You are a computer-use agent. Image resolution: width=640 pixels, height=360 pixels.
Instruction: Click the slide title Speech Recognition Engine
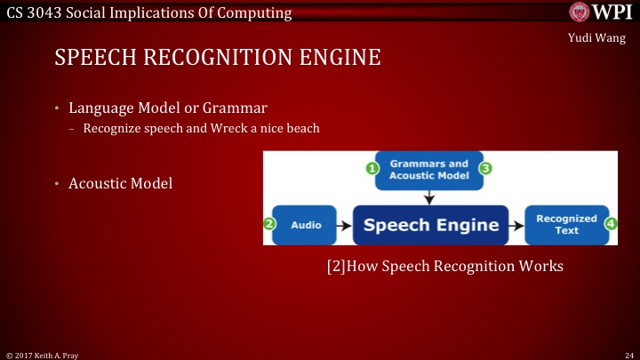[x=218, y=59]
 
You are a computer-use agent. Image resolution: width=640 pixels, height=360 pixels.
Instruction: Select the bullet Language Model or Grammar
[x=168, y=108]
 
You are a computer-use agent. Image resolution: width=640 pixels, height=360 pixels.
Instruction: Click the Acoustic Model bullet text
[x=120, y=183]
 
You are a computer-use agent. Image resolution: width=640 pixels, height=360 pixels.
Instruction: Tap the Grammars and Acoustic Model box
[x=428, y=170]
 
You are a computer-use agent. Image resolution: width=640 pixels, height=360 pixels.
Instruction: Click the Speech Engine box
[x=431, y=225]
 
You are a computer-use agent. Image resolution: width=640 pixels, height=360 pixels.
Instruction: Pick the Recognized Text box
[x=560, y=225]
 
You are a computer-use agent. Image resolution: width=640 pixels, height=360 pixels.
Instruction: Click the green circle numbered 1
[x=373, y=167]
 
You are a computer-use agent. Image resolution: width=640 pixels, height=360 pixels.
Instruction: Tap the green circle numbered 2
[x=269, y=225]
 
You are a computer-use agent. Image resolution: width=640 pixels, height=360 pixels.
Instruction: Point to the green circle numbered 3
[x=486, y=167]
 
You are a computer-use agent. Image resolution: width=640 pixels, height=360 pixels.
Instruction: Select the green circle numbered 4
[x=611, y=225]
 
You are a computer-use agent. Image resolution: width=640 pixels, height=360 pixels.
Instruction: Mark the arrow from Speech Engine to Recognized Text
[x=516, y=225]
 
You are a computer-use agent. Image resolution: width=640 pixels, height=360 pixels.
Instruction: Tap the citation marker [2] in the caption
[x=337, y=266]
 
